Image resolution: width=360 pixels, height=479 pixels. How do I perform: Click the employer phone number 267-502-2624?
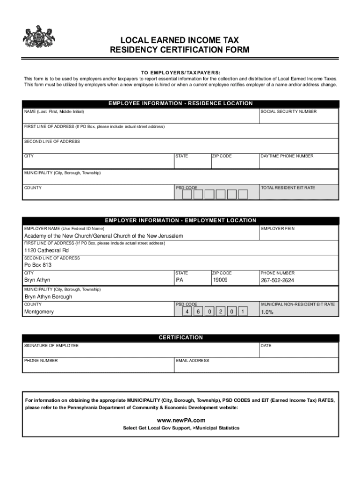(x=277, y=281)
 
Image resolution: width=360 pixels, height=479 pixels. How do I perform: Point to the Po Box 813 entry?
(x=38, y=265)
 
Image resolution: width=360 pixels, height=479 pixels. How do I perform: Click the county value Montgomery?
(x=39, y=312)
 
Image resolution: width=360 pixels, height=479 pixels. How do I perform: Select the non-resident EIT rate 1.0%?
(x=267, y=312)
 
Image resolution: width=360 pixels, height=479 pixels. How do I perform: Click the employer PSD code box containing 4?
(x=187, y=312)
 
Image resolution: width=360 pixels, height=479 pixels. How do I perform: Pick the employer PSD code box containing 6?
(x=198, y=312)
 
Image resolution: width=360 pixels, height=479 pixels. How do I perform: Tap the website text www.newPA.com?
(x=181, y=420)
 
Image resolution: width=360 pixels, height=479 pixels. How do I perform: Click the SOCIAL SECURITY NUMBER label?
(x=288, y=112)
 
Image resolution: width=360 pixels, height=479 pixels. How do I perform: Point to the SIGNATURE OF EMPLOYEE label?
(x=51, y=346)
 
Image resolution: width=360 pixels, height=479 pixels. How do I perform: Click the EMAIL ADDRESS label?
(x=193, y=361)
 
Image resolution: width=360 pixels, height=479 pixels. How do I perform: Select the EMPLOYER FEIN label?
(x=278, y=229)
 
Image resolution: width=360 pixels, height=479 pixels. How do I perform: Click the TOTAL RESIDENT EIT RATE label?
(x=288, y=188)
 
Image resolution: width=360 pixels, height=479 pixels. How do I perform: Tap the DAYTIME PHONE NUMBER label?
(x=287, y=156)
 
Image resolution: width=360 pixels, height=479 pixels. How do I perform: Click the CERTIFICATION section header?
(x=181, y=338)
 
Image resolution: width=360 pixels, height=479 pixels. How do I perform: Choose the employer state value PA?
(x=180, y=280)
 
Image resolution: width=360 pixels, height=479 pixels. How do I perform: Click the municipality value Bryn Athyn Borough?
(x=48, y=297)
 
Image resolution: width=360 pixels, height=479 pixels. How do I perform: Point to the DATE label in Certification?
(x=266, y=346)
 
